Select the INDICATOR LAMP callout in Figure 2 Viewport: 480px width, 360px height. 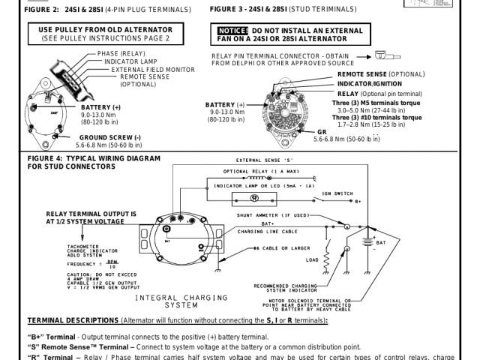click(x=125, y=61)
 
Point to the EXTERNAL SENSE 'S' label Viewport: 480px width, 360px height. click(x=263, y=160)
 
